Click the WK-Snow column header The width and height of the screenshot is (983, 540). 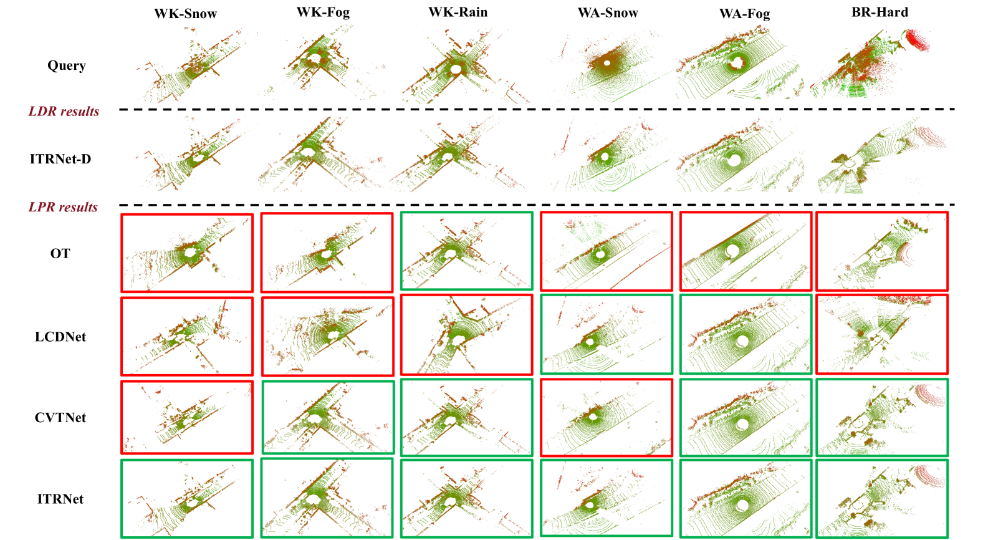[x=185, y=14]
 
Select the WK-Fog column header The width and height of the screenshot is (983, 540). [x=323, y=12]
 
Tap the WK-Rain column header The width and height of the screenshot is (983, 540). [x=458, y=12]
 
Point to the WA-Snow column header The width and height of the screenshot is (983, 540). [x=608, y=13]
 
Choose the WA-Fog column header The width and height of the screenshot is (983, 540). [x=744, y=14]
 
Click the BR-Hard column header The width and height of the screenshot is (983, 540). [x=880, y=12]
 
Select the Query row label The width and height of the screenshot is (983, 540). [x=66, y=65]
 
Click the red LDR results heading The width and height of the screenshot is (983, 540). [x=64, y=112]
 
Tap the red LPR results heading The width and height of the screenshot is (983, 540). [x=63, y=207]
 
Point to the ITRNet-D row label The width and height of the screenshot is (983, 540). [x=60, y=159]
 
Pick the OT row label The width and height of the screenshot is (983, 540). [x=60, y=253]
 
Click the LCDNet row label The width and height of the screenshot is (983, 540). [x=60, y=337]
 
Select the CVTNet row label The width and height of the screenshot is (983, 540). [x=60, y=418]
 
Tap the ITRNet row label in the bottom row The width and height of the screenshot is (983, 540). [x=60, y=499]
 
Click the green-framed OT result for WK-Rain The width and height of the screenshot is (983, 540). [x=466, y=251]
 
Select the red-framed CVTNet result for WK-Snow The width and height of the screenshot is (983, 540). [x=187, y=417]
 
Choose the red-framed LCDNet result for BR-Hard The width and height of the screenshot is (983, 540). [x=881, y=335]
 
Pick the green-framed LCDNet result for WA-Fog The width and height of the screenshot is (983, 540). [x=746, y=335]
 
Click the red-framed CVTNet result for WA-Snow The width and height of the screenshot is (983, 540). [x=607, y=417]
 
